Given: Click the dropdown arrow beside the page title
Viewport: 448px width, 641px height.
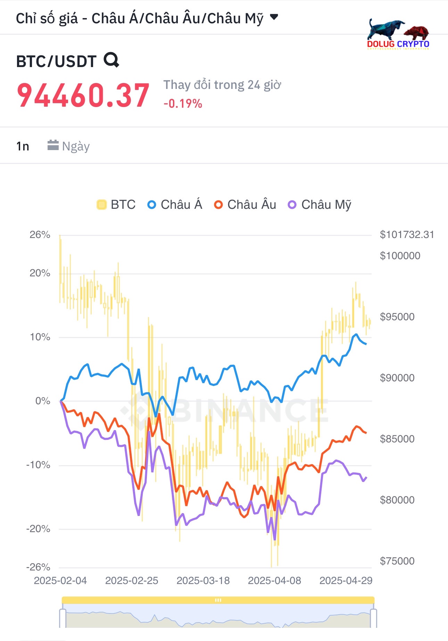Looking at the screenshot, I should (274, 17).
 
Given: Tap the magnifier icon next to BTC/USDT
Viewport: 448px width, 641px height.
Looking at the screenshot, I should (111, 60).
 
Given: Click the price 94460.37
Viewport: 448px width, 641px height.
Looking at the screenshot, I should (83, 95).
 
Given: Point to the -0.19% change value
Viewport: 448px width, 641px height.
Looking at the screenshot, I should (183, 104).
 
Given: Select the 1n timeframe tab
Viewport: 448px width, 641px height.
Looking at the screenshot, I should (23, 146).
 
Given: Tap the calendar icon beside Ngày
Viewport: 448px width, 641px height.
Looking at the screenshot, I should (53, 145).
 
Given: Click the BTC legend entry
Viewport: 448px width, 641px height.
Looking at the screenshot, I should (116, 205).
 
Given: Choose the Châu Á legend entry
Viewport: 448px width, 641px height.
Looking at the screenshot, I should (175, 205).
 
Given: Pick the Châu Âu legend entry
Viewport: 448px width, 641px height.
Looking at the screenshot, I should (245, 205).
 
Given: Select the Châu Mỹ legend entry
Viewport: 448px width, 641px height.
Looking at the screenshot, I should (320, 205).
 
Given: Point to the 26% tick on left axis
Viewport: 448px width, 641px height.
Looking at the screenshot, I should (40, 235).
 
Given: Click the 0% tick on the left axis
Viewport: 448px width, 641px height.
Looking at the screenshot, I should (43, 401).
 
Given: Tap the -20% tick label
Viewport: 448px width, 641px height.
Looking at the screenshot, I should (38, 529).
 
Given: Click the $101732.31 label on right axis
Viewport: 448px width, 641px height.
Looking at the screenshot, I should (407, 235).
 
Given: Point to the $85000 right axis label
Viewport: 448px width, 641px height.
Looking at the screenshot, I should (397, 439).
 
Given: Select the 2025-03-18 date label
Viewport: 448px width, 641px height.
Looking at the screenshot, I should (203, 581).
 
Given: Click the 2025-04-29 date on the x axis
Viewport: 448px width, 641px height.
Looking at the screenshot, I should (346, 581).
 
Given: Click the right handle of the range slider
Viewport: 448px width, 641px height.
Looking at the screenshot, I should (373, 618).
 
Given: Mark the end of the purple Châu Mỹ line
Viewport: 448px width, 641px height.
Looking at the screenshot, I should (366, 477).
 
